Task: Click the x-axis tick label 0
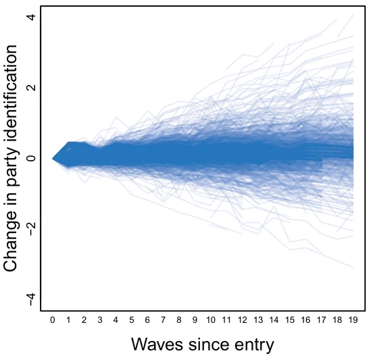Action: tap(53, 320)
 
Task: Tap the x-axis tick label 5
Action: tap(132, 320)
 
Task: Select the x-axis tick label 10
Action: tap(211, 320)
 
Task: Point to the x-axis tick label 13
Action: tap(258, 320)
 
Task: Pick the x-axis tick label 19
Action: tap(353, 320)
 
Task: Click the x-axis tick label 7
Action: tap(164, 320)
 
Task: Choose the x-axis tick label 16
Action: tap(305, 320)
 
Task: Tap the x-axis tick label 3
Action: tap(100, 320)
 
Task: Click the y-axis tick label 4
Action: tap(32, 18)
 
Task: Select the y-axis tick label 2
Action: tap(32, 88)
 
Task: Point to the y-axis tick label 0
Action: tap(32, 158)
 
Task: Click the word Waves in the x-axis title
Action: tap(157, 344)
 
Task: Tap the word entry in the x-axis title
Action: tap(254, 346)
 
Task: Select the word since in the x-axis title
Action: tap(209, 344)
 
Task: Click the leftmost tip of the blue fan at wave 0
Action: tap(52, 158)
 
